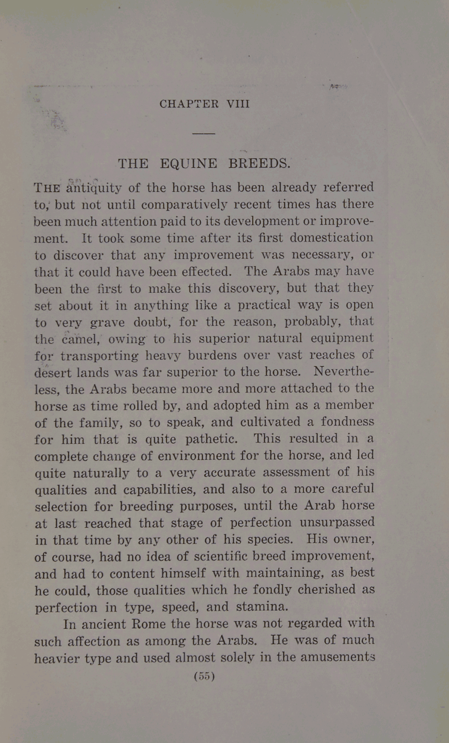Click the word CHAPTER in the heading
tap(189, 104)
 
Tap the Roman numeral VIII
tap(238, 104)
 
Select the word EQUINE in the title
tap(189, 164)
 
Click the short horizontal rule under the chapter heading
tap(204, 133)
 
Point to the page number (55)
tap(204, 676)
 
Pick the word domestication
tap(332, 238)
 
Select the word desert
tap(53, 372)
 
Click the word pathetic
tap(211, 439)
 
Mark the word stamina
tap(262, 607)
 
